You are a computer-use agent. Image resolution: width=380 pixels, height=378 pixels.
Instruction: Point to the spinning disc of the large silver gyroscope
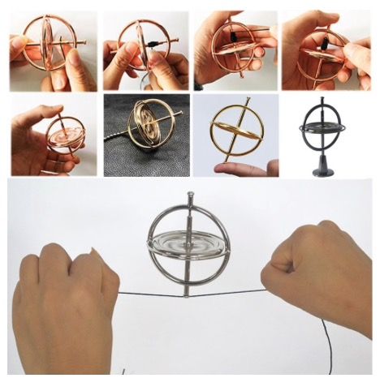click(x=188, y=247)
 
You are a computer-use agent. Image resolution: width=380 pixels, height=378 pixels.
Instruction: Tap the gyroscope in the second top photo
click(x=143, y=45)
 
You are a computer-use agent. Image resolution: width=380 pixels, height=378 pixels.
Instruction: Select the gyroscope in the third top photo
click(x=231, y=50)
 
